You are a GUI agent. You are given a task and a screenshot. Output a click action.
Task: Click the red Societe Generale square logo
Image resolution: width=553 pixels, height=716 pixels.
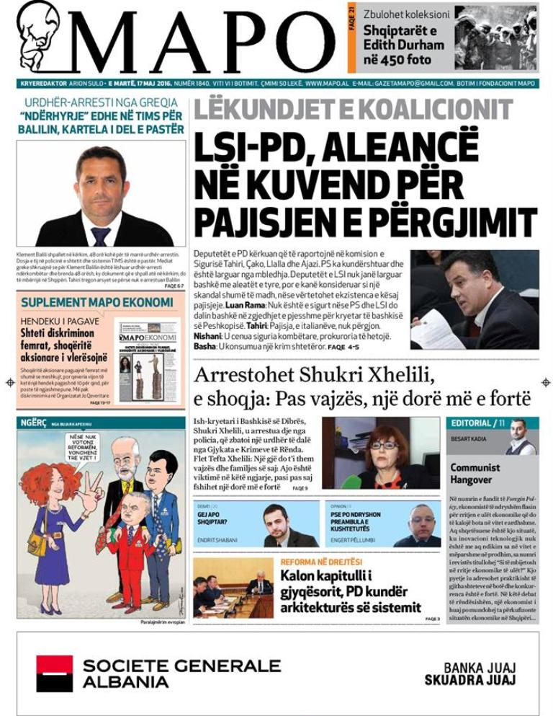pyautogui.click(x=55, y=673)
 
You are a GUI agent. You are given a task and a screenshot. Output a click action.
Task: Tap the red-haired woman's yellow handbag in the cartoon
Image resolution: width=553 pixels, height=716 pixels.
pyautogui.click(x=37, y=542)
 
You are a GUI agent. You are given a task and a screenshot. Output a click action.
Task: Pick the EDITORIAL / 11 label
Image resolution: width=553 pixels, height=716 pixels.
pyautogui.click(x=477, y=423)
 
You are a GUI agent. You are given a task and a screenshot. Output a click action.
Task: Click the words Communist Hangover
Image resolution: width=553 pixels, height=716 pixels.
pyautogui.click(x=475, y=473)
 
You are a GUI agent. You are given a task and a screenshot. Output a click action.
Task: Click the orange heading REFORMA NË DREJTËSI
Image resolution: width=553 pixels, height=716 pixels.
pyautogui.click(x=321, y=562)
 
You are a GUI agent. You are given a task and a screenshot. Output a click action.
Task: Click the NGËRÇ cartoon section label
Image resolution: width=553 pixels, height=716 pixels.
pyautogui.click(x=32, y=423)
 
